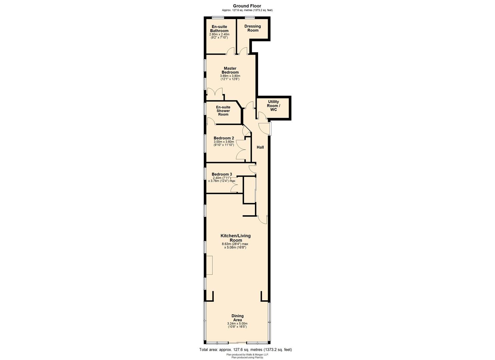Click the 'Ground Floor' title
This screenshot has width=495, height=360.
(247, 6)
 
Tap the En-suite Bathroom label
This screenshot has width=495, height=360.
(219, 29)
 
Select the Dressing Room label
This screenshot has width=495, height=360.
(253, 28)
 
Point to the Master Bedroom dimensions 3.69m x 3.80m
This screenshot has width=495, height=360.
(230, 76)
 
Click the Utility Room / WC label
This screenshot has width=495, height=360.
(273, 106)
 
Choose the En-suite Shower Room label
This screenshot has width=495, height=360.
(223, 111)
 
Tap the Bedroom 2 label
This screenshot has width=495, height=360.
(224, 138)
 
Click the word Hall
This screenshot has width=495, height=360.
(260, 147)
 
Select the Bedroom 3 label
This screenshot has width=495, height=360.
(222, 174)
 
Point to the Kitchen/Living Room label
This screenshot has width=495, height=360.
(236, 238)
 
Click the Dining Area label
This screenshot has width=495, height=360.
(238, 318)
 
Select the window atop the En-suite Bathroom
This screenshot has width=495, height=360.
(218, 17)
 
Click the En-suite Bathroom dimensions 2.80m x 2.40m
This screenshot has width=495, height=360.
(219, 34)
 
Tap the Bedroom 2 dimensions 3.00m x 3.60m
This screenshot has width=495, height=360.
(224, 142)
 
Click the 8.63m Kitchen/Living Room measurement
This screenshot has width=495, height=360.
(235, 244)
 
